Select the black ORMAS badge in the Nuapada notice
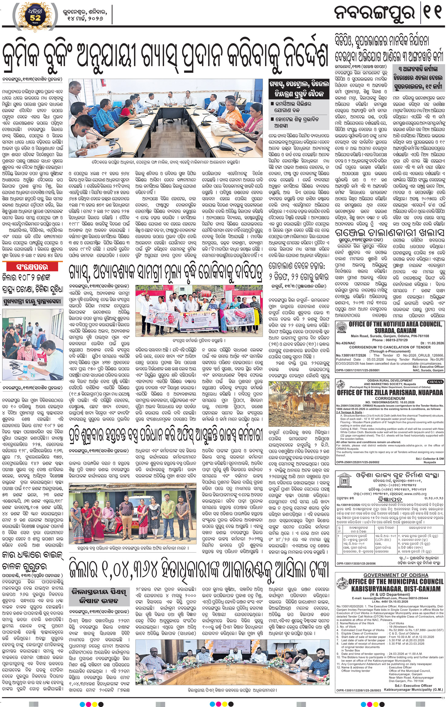click(435, 382)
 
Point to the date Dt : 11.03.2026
click(432, 343)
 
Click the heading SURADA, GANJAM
click(395, 330)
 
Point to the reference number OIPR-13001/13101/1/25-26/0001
click(357, 370)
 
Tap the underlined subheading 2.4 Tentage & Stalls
click(349, 412)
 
